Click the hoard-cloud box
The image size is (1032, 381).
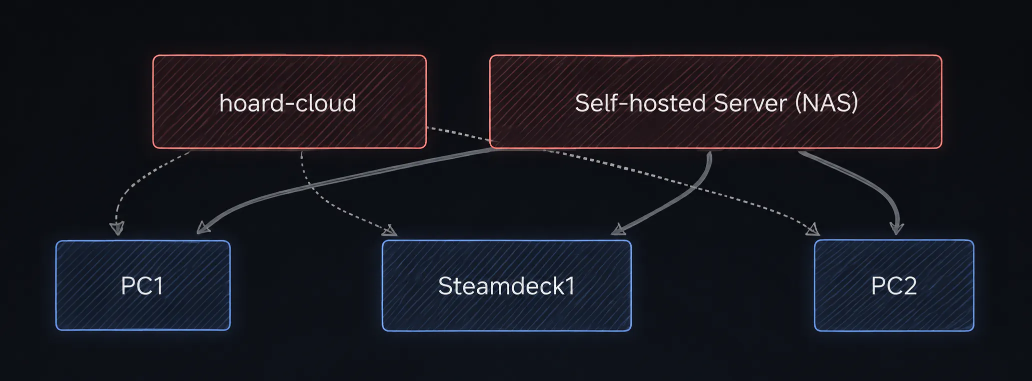[289, 101]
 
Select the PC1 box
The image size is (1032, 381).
[143, 285]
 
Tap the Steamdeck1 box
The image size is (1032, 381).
[506, 285]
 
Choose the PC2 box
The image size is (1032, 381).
[894, 285]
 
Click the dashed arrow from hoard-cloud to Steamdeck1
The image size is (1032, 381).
[325, 205]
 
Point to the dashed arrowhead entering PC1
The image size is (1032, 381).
[117, 228]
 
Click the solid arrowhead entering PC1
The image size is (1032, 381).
[203, 227]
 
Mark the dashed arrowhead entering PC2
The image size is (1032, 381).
[813, 229]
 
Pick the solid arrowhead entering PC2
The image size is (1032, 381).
[896, 228]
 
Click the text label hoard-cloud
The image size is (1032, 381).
[288, 103]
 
